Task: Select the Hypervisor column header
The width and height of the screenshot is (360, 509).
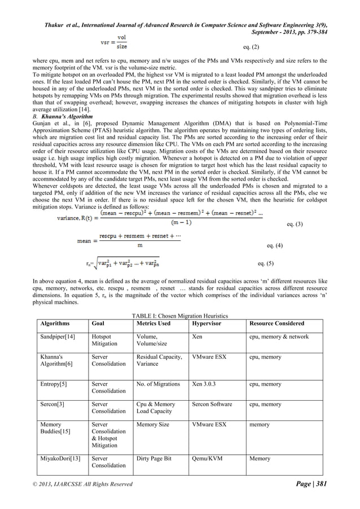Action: pos(207,324)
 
